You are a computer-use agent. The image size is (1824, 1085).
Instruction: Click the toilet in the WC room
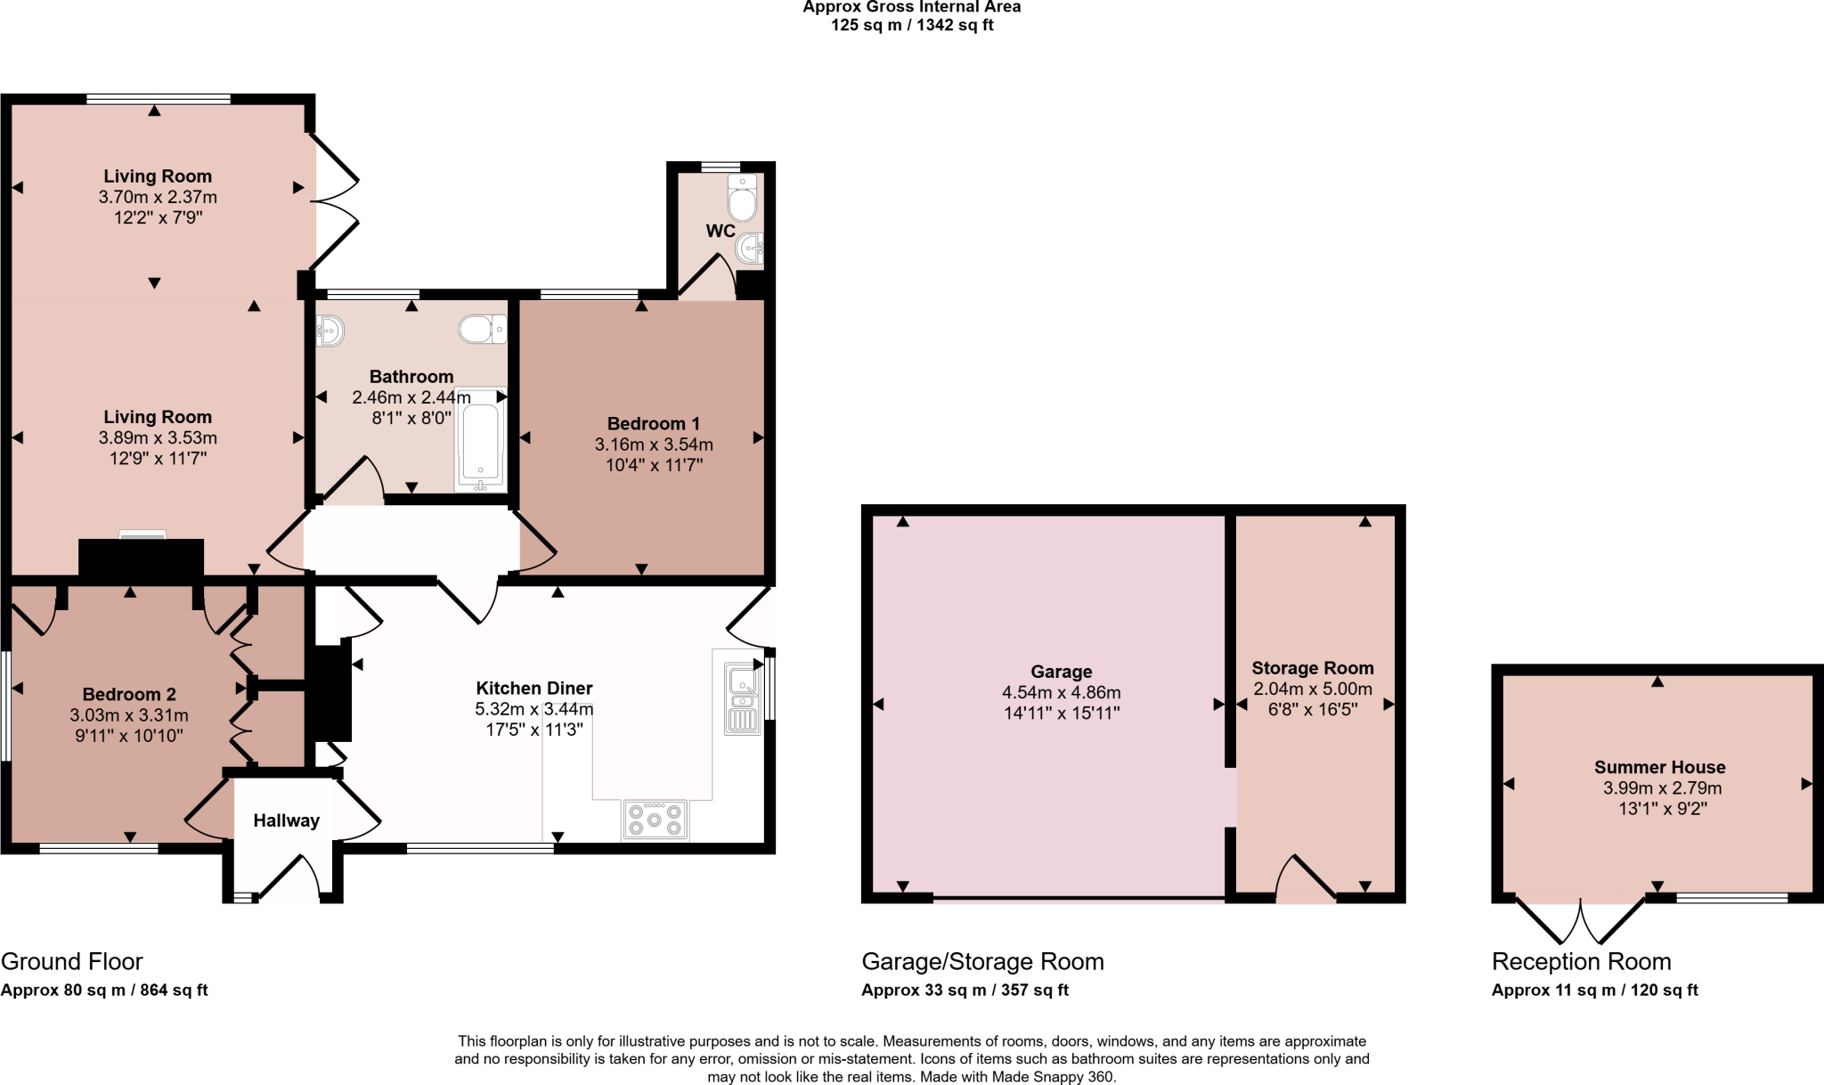742,199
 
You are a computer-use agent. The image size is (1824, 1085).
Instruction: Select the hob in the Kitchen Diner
655,820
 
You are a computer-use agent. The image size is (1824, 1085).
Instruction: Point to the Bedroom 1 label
653,424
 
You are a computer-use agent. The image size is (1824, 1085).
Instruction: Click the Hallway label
286,820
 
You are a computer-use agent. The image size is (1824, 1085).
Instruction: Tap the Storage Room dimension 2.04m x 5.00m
1312,689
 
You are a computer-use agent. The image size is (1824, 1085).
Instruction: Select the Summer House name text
1659,767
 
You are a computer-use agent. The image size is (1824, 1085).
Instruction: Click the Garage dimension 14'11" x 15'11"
1061,713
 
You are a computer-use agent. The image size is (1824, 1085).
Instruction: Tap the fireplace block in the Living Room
142,559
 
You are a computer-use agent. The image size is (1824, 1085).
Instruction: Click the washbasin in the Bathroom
330,331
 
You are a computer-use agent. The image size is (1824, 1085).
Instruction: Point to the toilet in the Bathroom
482,330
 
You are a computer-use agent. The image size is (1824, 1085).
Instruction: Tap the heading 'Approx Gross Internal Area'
911,7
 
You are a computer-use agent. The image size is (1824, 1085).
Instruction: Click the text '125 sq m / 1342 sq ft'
911,25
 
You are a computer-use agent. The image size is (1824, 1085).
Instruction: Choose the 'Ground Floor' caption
71,962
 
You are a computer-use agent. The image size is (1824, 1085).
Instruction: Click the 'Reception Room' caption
1581,962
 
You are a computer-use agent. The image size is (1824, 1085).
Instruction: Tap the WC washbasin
750,248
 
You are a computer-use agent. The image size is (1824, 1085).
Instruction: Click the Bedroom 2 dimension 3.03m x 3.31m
129,715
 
